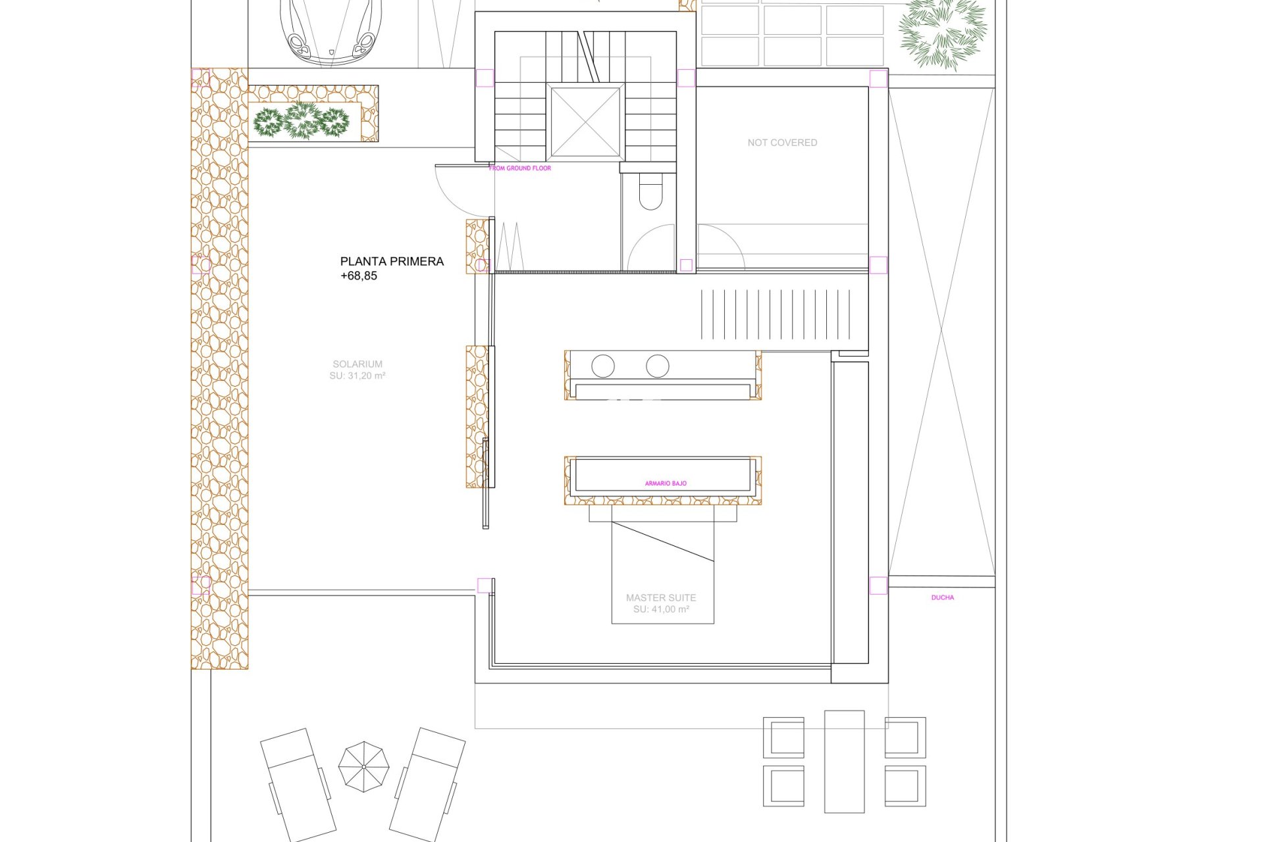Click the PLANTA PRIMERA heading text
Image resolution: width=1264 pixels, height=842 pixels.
click(x=392, y=261)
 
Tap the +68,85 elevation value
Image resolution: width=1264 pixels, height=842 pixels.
click(x=359, y=276)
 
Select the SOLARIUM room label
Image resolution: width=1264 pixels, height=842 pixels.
click(x=357, y=364)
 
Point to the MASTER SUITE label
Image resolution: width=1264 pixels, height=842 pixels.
click(x=661, y=598)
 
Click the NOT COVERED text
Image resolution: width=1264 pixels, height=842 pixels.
click(x=782, y=143)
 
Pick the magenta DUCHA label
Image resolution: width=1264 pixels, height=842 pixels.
click(x=943, y=598)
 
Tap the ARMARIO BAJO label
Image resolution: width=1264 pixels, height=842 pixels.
click(x=666, y=483)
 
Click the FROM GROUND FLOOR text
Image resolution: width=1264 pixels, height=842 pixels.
click(x=520, y=168)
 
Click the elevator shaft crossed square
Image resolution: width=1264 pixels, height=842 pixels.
click(x=585, y=122)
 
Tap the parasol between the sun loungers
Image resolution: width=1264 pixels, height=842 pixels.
click(x=363, y=767)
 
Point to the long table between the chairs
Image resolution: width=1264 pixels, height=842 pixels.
click(x=845, y=762)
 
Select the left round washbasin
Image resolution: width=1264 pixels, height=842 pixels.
click(x=603, y=366)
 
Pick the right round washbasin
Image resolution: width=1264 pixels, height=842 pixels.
click(x=658, y=366)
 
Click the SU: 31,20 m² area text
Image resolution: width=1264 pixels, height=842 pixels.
click(x=357, y=376)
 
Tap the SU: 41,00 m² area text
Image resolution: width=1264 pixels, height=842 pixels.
click(x=661, y=610)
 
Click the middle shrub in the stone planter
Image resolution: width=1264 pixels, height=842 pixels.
click(x=302, y=120)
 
